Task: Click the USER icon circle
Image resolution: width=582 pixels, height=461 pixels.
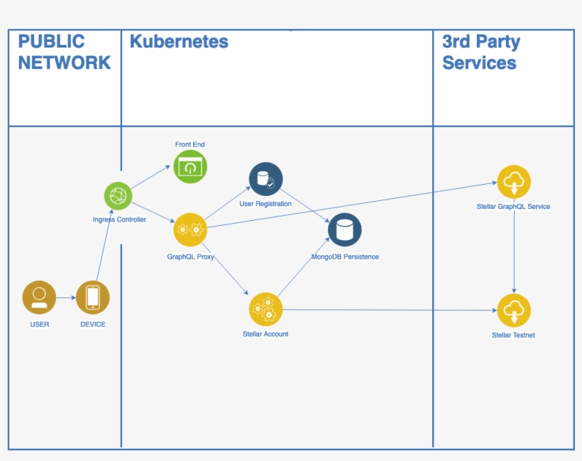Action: (39, 297)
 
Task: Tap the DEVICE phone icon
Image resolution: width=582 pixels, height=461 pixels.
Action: (93, 297)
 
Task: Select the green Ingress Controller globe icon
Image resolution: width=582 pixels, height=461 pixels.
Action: (119, 195)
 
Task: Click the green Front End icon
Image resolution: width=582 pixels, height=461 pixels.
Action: (190, 167)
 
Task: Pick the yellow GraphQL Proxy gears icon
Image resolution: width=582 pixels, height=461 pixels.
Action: (190, 229)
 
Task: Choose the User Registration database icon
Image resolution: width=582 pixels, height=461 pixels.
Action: (266, 179)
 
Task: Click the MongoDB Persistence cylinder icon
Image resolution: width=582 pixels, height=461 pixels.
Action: (345, 229)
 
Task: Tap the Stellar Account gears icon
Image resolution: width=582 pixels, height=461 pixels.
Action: (266, 309)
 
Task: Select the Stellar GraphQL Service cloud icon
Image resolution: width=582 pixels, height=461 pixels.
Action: (514, 182)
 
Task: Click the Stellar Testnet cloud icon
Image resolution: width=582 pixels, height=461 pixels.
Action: (514, 310)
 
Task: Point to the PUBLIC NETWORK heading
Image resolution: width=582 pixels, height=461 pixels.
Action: (64, 52)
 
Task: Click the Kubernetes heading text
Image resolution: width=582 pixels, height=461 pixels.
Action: (179, 41)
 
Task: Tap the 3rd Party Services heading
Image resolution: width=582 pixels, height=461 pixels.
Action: (481, 52)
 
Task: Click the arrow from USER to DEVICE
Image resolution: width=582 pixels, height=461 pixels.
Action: (66, 298)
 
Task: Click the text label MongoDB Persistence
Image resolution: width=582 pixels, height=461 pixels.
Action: (345, 256)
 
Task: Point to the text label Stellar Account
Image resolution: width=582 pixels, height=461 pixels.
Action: (265, 334)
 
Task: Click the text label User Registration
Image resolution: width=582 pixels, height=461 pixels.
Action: (265, 204)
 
